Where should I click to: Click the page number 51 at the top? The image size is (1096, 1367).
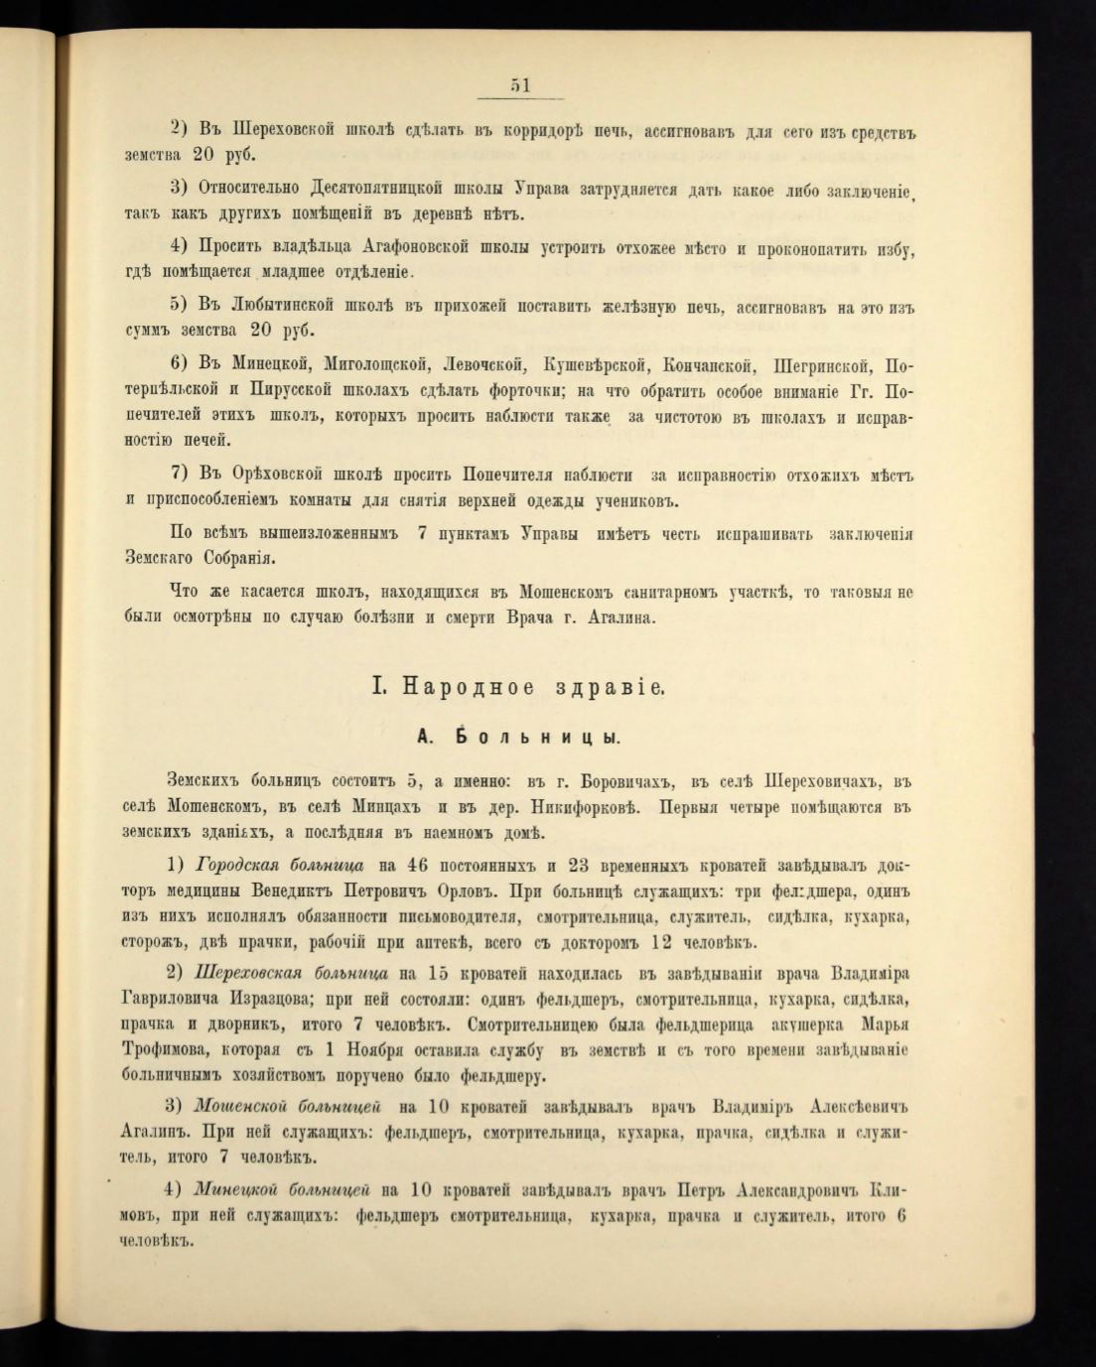click(520, 85)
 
